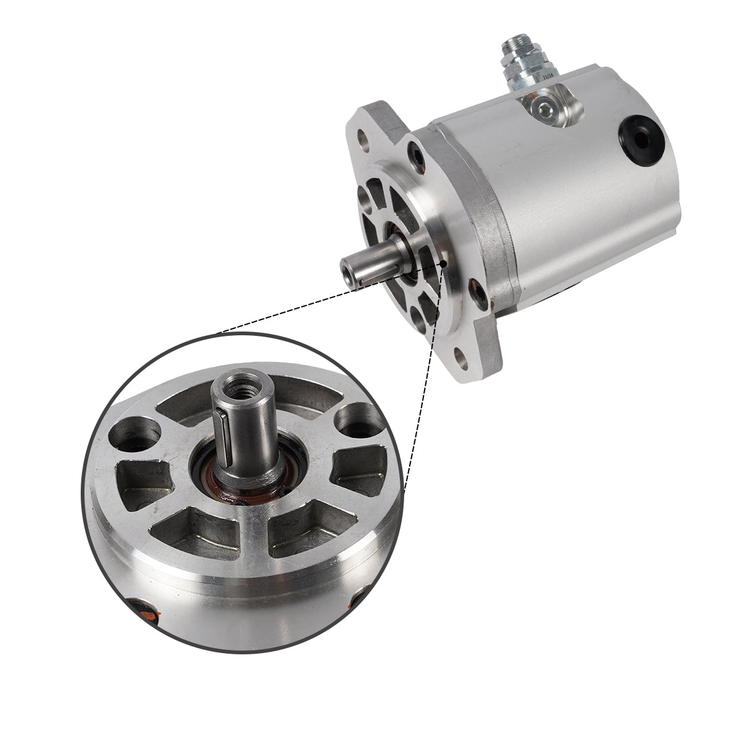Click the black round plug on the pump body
click(x=641, y=142)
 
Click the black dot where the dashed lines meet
click(x=443, y=264)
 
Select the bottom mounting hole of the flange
click(x=460, y=356)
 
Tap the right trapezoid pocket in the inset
click(x=358, y=471)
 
